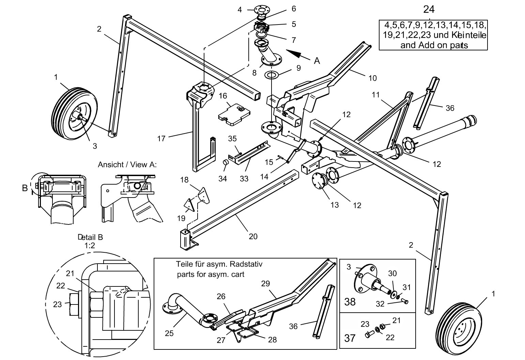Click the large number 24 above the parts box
[429, 9]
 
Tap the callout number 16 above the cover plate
[223, 96]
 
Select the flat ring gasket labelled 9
[272, 74]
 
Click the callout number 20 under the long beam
[253, 236]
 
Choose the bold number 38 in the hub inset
[350, 301]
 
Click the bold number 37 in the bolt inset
[350, 338]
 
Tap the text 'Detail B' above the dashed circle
[90, 237]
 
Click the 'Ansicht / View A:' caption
[127, 165]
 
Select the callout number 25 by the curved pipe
[169, 333]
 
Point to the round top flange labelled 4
[261, 9]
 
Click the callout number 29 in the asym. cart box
[265, 283]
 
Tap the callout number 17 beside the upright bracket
[161, 139]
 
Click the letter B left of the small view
[25, 188]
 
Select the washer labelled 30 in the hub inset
[394, 294]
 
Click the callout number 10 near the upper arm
[373, 78]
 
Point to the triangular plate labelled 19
[188, 204]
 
